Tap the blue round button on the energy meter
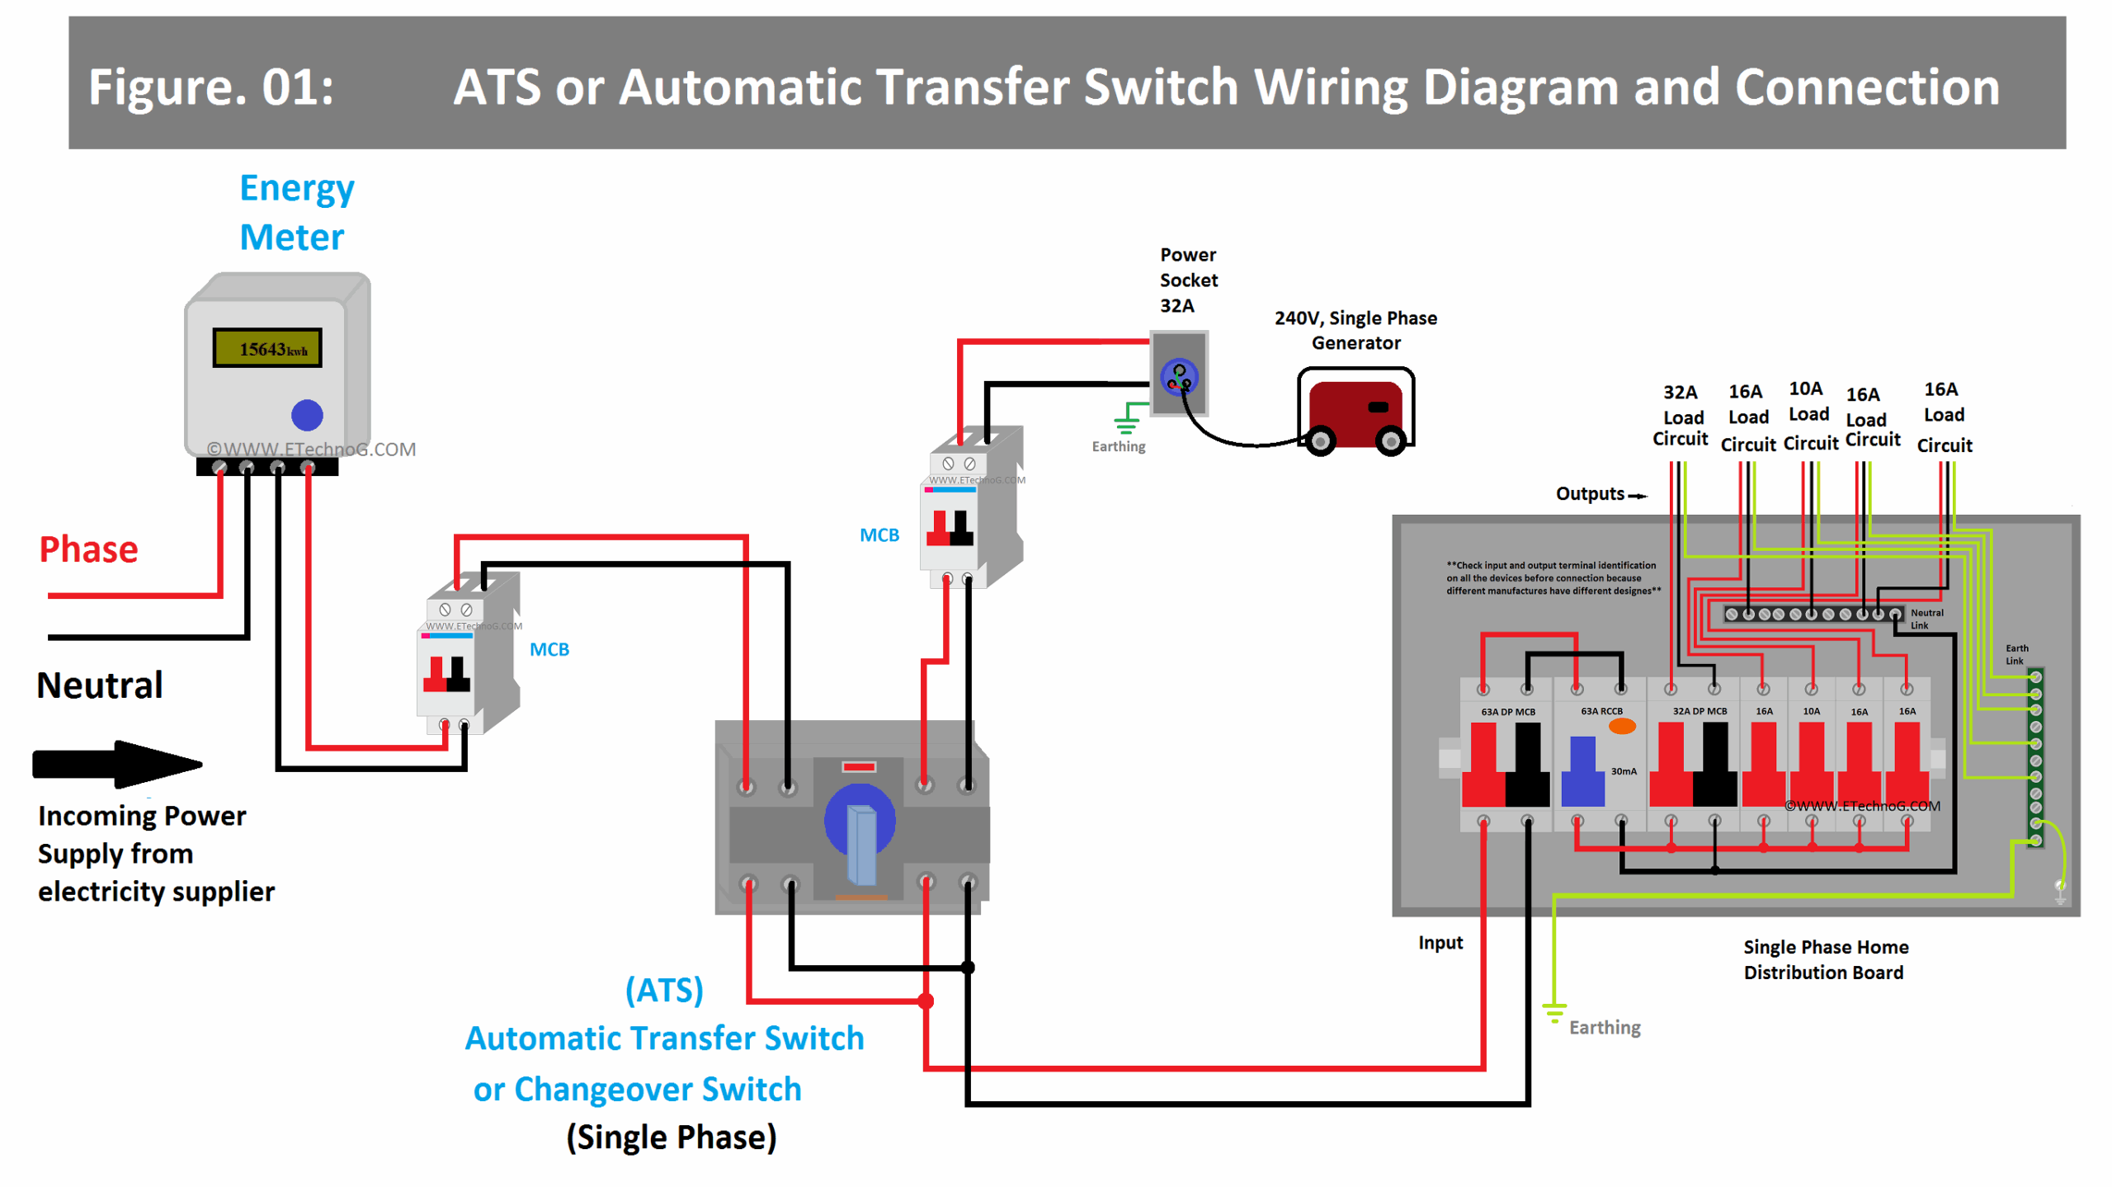(x=306, y=414)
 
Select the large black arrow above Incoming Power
(x=116, y=763)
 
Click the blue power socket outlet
(x=1178, y=378)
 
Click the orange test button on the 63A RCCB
(x=1621, y=726)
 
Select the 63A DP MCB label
(x=1507, y=711)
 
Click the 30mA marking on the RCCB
(x=1623, y=770)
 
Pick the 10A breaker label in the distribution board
(x=1810, y=710)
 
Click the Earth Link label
(x=2015, y=654)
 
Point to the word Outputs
(x=1589, y=493)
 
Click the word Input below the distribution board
(x=1440, y=942)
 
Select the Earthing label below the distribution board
(x=1603, y=1027)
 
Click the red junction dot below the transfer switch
(x=926, y=1001)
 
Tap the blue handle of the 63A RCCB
(x=1582, y=770)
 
